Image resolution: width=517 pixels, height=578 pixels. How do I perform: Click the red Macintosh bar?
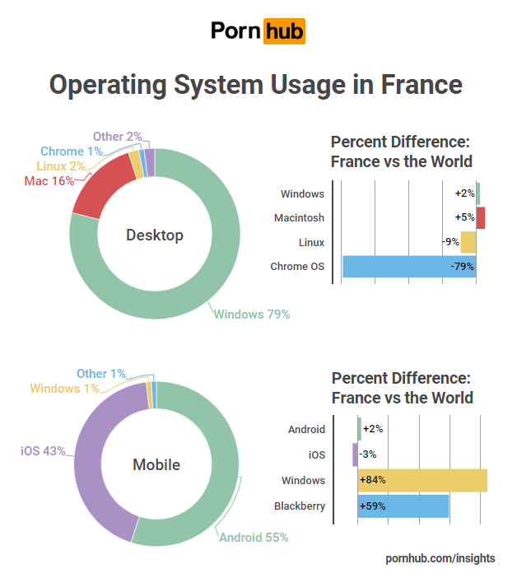coord(480,218)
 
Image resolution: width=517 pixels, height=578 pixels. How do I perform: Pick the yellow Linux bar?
coord(468,242)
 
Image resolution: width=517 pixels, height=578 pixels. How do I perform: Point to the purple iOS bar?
coord(355,454)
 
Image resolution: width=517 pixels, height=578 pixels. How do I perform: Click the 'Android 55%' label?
coord(254,538)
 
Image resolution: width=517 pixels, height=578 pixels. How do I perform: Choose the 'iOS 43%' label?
coord(43,451)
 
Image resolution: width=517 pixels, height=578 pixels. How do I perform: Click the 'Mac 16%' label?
coord(49,181)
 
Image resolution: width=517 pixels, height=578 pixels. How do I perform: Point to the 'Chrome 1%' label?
coord(72,151)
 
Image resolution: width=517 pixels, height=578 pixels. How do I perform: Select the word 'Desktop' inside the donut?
coord(155,235)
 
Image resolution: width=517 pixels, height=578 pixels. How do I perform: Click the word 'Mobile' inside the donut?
coord(156,465)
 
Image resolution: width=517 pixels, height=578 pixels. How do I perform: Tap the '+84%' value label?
coord(372,480)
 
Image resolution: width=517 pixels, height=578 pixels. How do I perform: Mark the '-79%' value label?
coord(462,267)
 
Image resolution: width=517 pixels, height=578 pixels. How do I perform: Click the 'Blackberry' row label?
coord(300,506)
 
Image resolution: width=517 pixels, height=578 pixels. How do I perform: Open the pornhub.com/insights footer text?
coord(440,558)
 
